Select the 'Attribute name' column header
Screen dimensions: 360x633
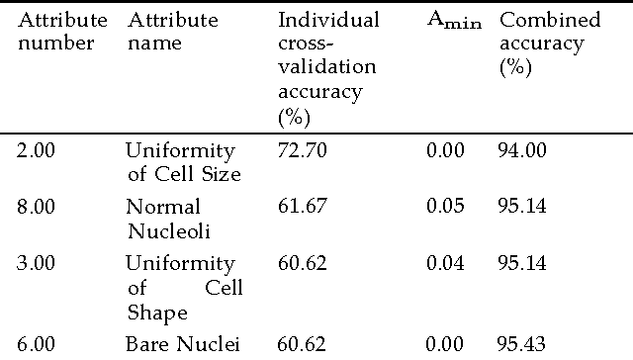click(x=172, y=31)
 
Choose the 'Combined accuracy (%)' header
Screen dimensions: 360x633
click(x=548, y=44)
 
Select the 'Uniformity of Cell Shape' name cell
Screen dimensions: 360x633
click(x=183, y=288)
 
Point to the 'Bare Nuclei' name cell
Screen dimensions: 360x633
click(x=176, y=344)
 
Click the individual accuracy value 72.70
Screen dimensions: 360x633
click(x=303, y=151)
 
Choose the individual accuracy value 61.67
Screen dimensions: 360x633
click(x=303, y=207)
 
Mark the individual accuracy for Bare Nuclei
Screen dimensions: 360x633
click(x=303, y=344)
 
